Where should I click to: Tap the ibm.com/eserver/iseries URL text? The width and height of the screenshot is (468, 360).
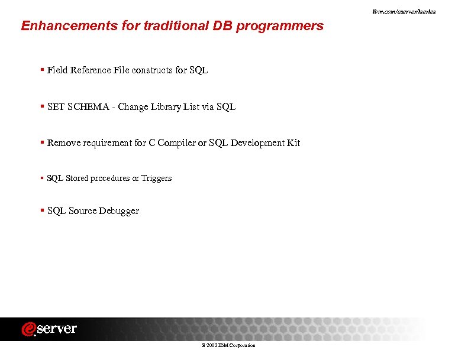click(412, 12)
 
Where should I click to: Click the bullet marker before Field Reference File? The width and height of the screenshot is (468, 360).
click(42, 70)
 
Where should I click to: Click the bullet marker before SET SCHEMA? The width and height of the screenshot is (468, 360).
click(42, 106)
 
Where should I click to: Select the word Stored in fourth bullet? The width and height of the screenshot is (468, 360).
click(76, 178)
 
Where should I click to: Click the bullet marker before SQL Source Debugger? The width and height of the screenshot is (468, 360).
click(42, 210)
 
